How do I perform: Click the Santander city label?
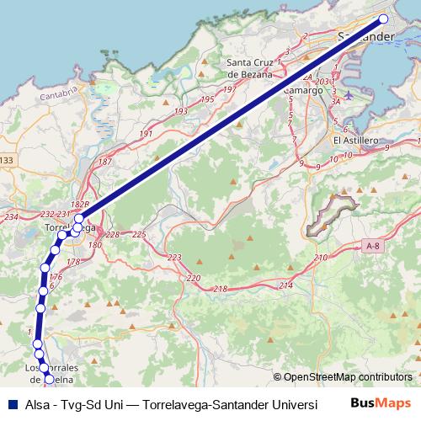(365, 37)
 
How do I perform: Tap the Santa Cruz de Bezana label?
(250, 67)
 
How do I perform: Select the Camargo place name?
(302, 89)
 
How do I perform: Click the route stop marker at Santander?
(384, 19)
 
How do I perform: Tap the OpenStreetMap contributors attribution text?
(347, 377)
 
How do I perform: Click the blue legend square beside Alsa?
(12, 403)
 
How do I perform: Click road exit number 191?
(146, 134)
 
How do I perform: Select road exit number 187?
(105, 162)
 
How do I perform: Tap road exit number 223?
(174, 257)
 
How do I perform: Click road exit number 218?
(221, 289)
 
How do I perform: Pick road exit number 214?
(285, 286)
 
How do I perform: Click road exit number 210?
(319, 257)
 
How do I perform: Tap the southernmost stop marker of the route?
(49, 379)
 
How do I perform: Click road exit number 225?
(139, 234)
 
